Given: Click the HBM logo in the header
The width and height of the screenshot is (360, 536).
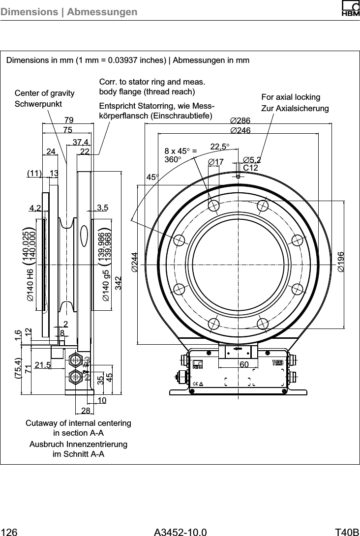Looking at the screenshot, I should point(347,9).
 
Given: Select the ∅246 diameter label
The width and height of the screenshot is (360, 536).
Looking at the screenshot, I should point(240,130).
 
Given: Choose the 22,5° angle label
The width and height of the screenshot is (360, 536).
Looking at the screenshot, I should point(221,147).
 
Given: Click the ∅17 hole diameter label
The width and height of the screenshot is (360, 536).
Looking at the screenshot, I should point(216,162).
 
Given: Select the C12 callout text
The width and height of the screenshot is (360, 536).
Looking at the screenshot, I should point(251,168).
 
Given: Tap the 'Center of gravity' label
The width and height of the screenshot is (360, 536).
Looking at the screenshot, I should point(45,93).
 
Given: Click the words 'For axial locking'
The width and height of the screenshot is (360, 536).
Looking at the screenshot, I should point(291,97).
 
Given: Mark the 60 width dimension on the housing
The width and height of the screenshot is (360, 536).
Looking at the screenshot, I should point(244,364).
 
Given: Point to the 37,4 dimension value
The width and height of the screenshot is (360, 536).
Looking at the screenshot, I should point(81,142).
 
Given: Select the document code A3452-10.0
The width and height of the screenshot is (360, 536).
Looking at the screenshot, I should point(180,531).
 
